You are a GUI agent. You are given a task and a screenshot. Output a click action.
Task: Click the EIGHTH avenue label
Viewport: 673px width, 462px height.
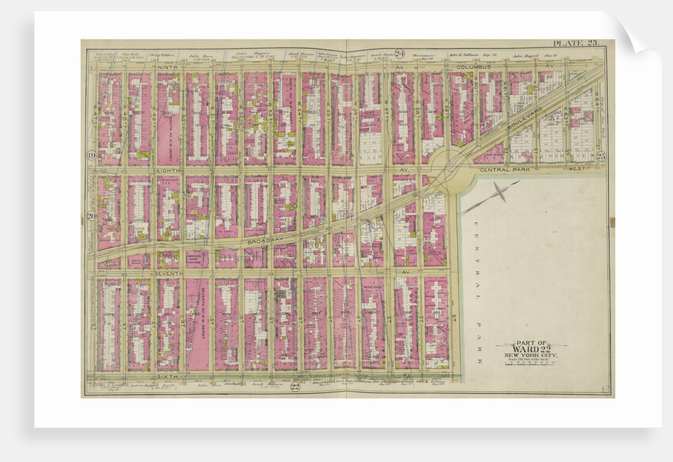(x=168, y=169)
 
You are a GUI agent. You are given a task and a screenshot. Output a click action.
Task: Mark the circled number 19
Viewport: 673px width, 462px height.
(x=91, y=156)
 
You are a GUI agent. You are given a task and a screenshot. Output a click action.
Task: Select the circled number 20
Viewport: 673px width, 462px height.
(x=91, y=215)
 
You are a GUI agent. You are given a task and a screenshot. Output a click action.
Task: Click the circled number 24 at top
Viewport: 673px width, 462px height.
(x=401, y=53)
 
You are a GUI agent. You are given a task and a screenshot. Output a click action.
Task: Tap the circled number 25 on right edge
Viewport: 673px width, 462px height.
(x=600, y=156)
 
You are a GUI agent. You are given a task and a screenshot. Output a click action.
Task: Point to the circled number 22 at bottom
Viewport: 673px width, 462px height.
(x=295, y=386)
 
